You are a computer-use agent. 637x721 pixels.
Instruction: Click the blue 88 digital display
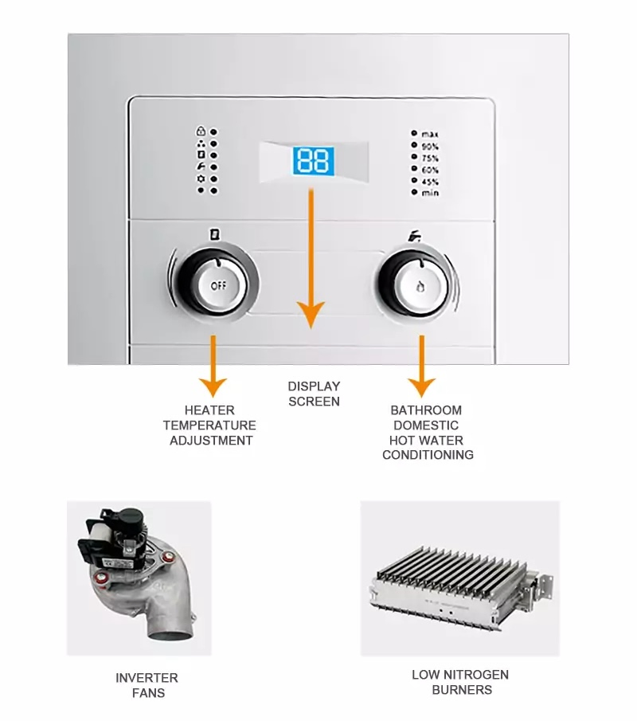[x=313, y=161]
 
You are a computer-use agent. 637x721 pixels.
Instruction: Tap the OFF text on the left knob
[x=217, y=285]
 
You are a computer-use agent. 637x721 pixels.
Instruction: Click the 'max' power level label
[x=430, y=134]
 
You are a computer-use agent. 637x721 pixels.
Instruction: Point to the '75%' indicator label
[x=430, y=158]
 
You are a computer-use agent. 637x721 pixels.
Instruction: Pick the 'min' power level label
[x=430, y=193]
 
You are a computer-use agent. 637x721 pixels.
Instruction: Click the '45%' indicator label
[x=430, y=181]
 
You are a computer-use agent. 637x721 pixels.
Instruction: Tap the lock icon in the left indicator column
[x=201, y=131]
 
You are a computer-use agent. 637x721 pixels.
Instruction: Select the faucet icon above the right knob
[x=414, y=235]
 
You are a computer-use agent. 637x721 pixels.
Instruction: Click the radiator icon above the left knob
[x=213, y=235]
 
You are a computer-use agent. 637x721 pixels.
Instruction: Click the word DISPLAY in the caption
[x=314, y=386]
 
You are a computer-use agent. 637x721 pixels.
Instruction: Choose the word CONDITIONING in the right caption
[x=428, y=455]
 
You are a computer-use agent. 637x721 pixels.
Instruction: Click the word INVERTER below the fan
[x=147, y=678]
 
